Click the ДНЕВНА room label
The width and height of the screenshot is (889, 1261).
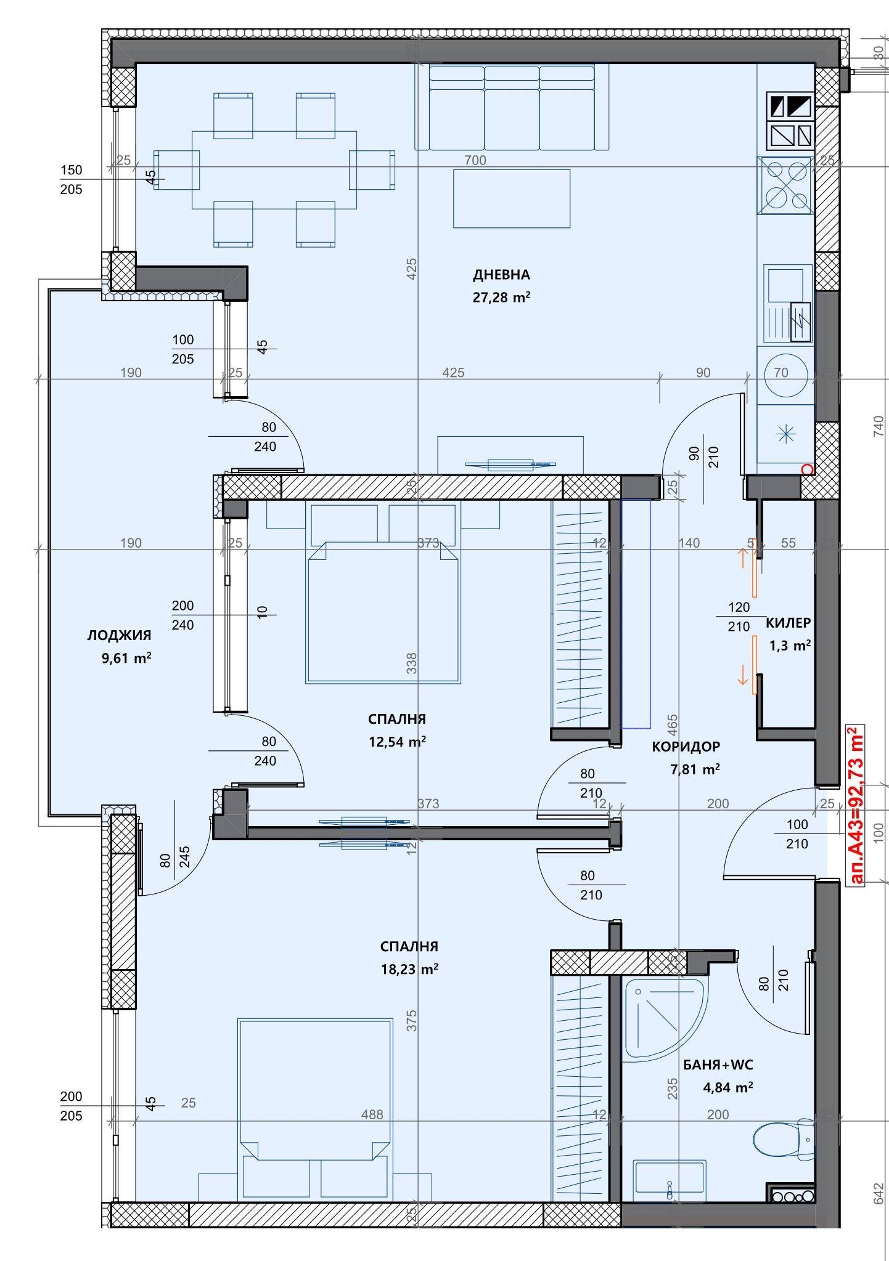click(x=501, y=275)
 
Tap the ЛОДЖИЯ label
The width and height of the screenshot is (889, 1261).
click(x=119, y=635)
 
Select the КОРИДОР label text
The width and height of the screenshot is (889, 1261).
click(x=686, y=747)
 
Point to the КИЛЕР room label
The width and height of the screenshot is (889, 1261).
click(x=788, y=623)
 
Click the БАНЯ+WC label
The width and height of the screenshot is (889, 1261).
click(x=718, y=1065)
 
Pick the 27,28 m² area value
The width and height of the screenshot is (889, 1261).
click(x=501, y=298)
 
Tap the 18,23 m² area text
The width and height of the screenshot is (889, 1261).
click(x=409, y=969)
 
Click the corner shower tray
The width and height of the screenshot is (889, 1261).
click(x=663, y=1020)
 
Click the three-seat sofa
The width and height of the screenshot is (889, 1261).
click(x=512, y=108)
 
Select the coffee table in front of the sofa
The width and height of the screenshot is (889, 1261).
click(x=512, y=199)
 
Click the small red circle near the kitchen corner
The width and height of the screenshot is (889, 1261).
click(x=806, y=469)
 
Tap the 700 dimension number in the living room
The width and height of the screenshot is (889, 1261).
click(x=475, y=161)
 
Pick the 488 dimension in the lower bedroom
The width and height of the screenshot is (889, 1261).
click(x=372, y=1114)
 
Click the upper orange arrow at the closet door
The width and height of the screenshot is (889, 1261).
click(x=743, y=558)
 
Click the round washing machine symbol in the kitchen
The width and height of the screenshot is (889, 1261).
click(x=785, y=374)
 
